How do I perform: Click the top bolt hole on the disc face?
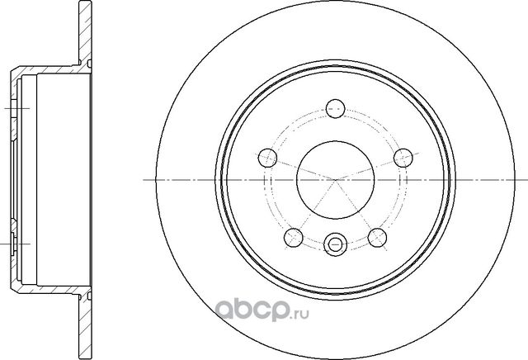334,107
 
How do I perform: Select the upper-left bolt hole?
265,156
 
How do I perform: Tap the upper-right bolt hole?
403,156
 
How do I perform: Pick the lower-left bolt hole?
291,238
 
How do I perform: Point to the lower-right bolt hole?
377,238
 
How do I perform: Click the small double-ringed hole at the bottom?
334,244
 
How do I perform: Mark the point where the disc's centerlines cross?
334,179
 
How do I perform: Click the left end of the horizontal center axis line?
147,179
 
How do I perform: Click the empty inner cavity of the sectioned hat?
54,179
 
